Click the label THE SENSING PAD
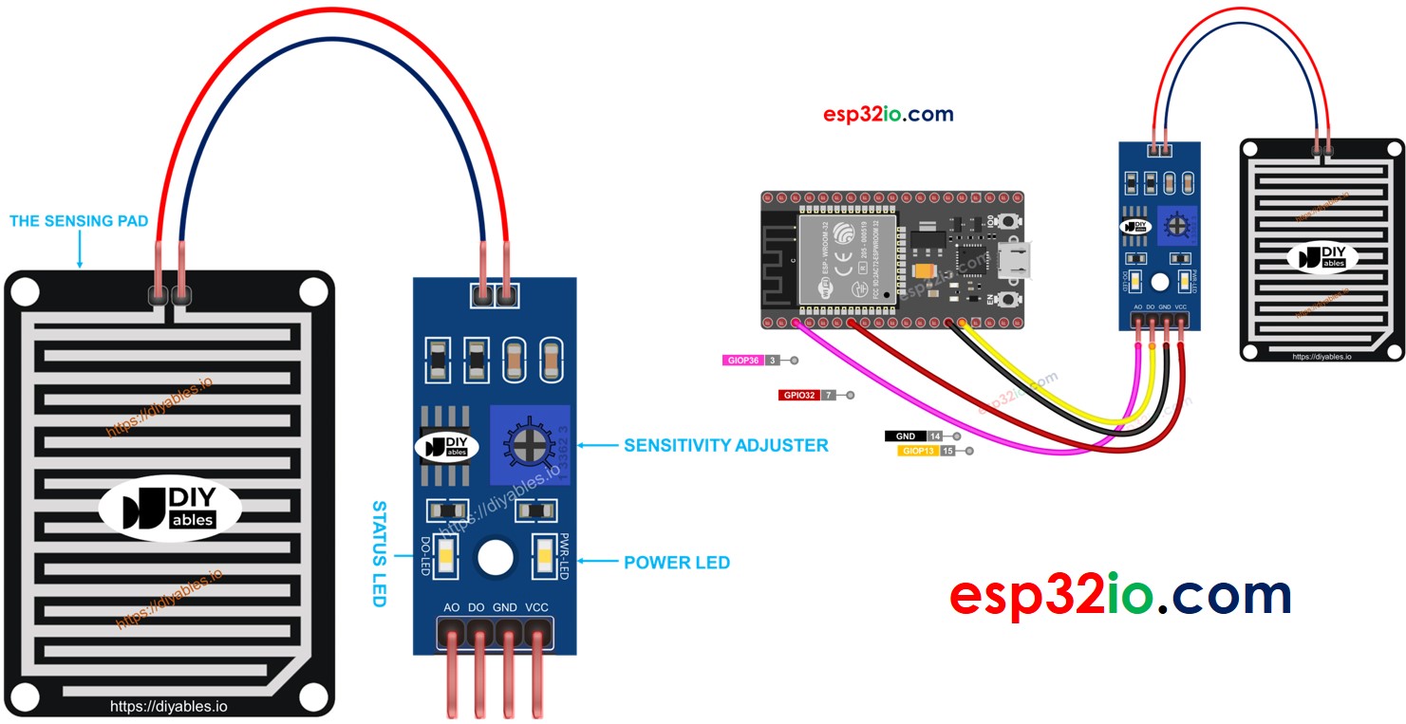click(79, 221)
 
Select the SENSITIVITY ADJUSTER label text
click(725, 445)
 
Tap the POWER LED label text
click(676, 563)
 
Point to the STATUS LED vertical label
click(379, 554)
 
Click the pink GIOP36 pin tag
click(743, 361)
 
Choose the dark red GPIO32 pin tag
click(798, 395)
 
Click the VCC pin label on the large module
click(536, 607)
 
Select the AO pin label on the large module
click(452, 607)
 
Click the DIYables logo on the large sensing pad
click(169, 507)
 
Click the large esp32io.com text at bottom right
click(1120, 595)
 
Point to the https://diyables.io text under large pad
click(169, 706)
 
